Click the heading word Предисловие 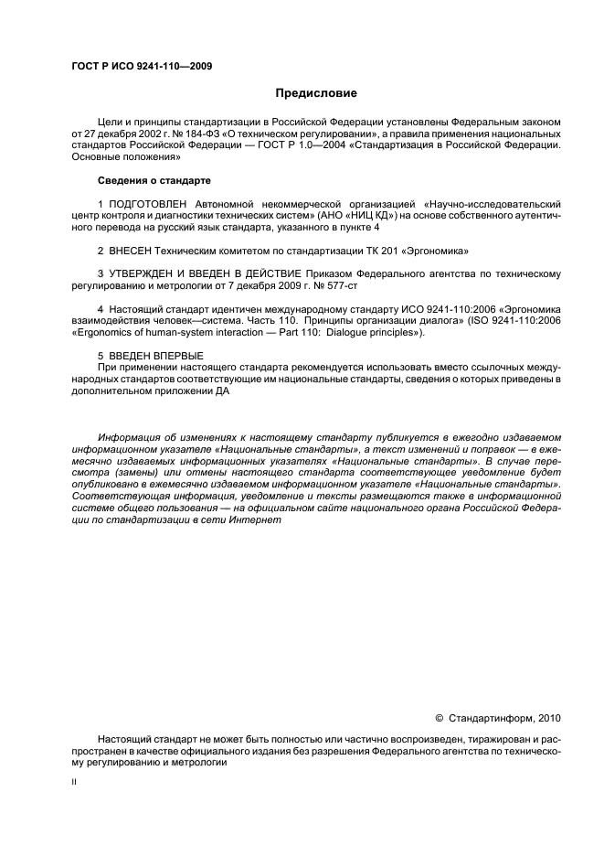[x=317, y=93]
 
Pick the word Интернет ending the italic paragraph [x=278, y=519]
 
